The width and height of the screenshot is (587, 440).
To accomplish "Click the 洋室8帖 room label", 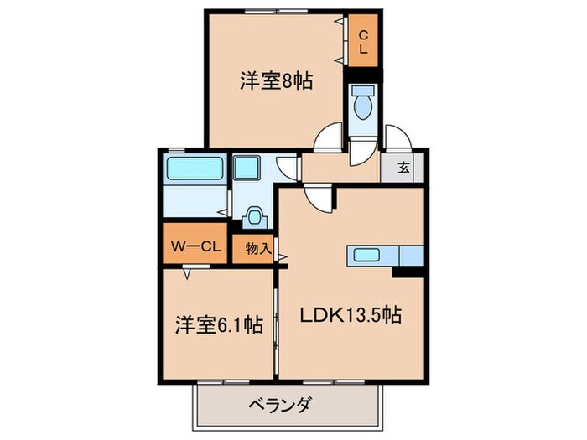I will pyautogui.click(x=264, y=81).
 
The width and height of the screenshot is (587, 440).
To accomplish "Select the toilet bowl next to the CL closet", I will pyautogui.click(x=363, y=106).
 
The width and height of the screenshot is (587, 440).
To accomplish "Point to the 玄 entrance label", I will pyautogui.click(x=403, y=167).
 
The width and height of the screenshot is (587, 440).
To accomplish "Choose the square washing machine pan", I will pyautogui.click(x=249, y=168).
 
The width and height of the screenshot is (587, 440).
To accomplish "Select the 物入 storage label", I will pyautogui.click(x=257, y=249).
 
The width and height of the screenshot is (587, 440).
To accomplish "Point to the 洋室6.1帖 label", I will pyautogui.click(x=216, y=324).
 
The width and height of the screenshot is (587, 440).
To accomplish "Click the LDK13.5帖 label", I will pyautogui.click(x=351, y=317).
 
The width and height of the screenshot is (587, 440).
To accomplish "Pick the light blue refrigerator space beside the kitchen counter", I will pyautogui.click(x=412, y=255).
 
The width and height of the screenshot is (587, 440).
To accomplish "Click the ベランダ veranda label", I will pyautogui.click(x=281, y=406).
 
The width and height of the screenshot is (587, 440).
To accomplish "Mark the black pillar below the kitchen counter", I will pyautogui.click(x=406, y=272).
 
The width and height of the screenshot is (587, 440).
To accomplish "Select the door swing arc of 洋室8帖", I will pyautogui.click(x=329, y=137).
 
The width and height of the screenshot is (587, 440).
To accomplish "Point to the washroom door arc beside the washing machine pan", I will pyautogui.click(x=288, y=165).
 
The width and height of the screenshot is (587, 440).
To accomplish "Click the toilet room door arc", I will pyautogui.click(x=363, y=151).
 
